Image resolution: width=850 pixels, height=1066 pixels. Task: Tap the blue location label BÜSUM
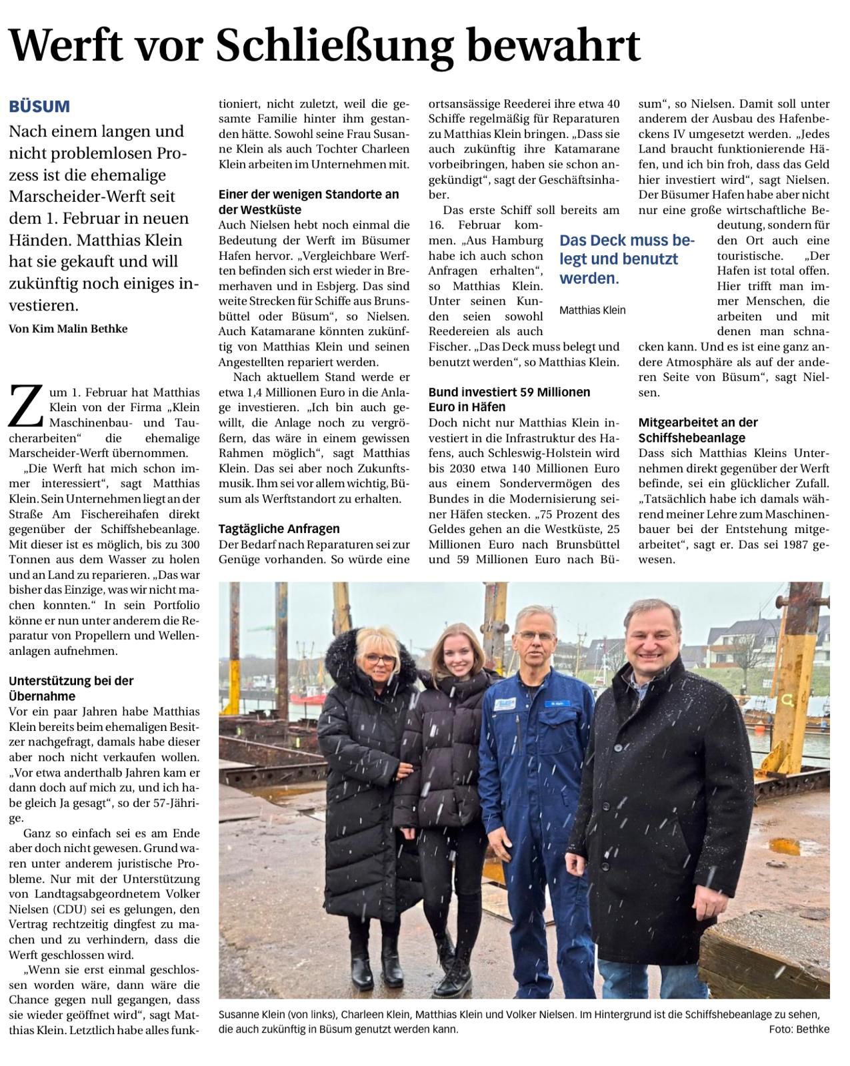39,107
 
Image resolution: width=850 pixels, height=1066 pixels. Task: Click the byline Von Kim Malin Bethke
68,328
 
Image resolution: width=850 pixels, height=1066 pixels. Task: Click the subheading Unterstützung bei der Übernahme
71,688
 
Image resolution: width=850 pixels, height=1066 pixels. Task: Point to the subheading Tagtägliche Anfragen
279,528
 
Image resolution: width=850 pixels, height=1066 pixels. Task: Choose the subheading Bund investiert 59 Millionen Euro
509,399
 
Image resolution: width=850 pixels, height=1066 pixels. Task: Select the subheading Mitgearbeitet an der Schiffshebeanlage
698,430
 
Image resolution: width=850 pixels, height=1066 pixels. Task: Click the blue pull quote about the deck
627,259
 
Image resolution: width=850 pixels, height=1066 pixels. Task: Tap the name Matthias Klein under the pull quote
592,310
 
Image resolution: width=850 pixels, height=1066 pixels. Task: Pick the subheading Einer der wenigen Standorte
308,201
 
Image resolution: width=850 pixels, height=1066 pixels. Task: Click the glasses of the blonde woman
379,660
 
